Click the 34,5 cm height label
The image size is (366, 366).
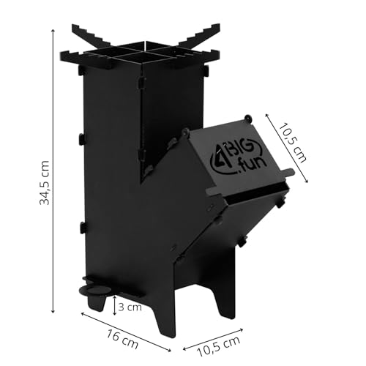(45, 183)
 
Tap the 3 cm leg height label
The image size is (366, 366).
(130, 307)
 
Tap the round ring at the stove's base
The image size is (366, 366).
(95, 290)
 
